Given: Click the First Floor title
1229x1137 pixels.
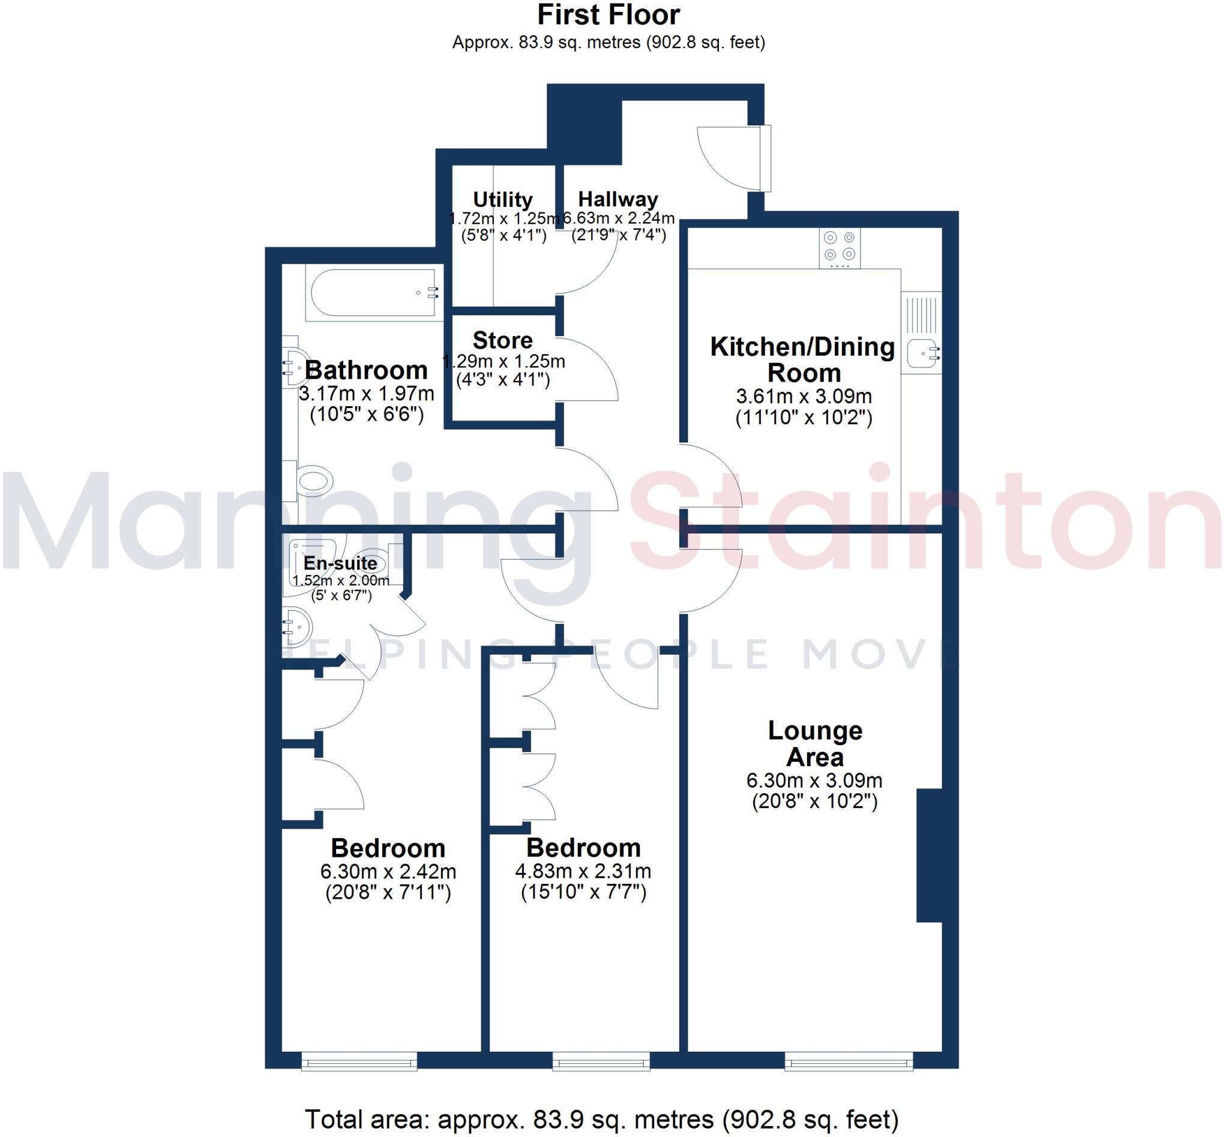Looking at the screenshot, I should [x=608, y=15].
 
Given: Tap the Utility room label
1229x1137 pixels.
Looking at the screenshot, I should [x=502, y=199].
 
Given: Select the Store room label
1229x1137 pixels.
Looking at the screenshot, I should [x=502, y=340].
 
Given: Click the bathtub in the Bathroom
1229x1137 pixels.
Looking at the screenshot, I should [x=374, y=293].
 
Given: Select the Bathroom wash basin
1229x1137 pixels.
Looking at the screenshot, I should [x=295, y=368].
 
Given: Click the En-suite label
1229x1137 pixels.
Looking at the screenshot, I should [x=340, y=563].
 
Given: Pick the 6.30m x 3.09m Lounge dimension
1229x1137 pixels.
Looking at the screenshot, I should [x=814, y=781].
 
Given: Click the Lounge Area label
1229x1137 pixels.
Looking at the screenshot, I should [x=815, y=743].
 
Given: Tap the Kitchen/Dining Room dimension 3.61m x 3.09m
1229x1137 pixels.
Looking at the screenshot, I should [x=804, y=396].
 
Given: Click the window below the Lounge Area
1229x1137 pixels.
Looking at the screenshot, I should [x=848, y=1062].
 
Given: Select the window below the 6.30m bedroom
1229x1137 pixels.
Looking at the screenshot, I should [x=359, y=1062].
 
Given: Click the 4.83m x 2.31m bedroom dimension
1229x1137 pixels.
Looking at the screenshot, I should [x=583, y=871].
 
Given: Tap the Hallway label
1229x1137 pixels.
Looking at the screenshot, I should [x=618, y=199].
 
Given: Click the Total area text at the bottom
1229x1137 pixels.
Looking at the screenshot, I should [x=601, y=1118].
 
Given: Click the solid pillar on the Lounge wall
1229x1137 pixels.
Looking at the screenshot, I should [x=929, y=855].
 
